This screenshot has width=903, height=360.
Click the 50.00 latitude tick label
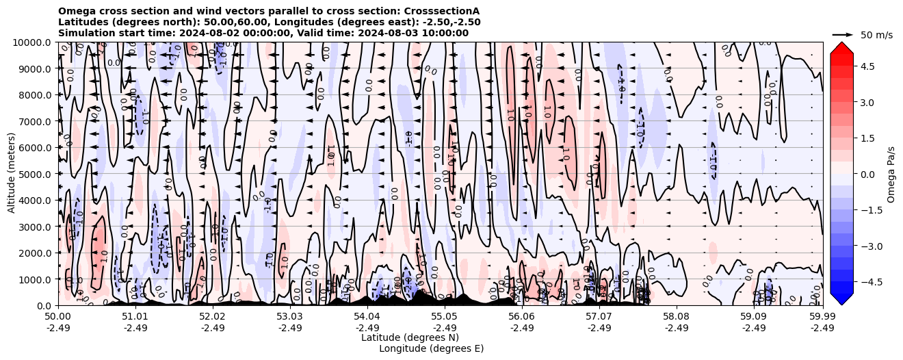pos(58,317)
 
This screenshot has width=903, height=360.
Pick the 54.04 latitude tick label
pos(367,317)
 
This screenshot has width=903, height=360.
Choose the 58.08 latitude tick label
pos(677,317)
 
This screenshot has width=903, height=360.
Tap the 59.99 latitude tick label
pos(822,317)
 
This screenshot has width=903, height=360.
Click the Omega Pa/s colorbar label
pos(891,174)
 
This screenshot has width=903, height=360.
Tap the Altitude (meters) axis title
pos(12,174)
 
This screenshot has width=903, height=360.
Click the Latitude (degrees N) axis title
pos(410,337)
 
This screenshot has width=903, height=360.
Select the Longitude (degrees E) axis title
pos(431,348)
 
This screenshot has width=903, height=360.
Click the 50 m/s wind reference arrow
pos(843,34)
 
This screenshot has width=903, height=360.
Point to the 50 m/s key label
pos(876,35)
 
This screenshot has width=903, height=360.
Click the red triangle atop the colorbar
pos(841,47)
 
